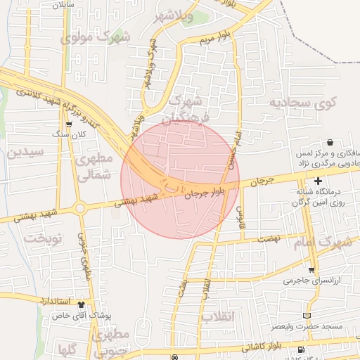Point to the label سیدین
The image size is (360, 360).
click(x=26, y=151)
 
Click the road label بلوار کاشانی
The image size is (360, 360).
click(x=259, y=347)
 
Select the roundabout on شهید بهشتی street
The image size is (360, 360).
click(x=80, y=207)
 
